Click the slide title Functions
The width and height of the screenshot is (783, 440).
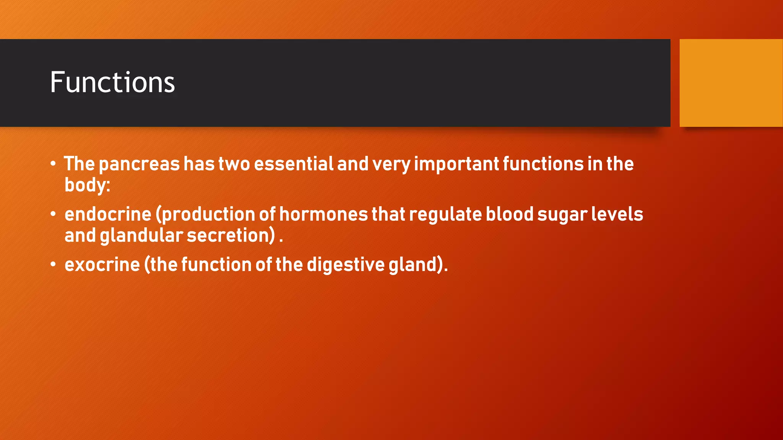click(x=112, y=82)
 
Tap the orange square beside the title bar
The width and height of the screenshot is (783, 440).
click(x=731, y=82)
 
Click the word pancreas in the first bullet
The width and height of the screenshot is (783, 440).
click(x=139, y=164)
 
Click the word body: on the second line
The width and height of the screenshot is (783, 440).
click(x=87, y=186)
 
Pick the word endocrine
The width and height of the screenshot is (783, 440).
click(x=108, y=214)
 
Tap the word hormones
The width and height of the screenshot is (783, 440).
click(x=323, y=214)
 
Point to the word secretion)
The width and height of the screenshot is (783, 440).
click(x=231, y=235)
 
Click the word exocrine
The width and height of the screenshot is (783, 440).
click(x=102, y=265)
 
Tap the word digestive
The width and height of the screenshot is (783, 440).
click(x=346, y=265)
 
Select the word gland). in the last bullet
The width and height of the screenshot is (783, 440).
click(x=418, y=265)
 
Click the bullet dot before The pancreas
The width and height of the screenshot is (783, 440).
click(x=53, y=164)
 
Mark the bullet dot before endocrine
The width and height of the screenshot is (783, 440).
click(x=53, y=214)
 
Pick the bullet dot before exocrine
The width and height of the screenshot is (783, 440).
click(x=53, y=264)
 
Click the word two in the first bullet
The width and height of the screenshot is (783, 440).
click(x=234, y=164)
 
